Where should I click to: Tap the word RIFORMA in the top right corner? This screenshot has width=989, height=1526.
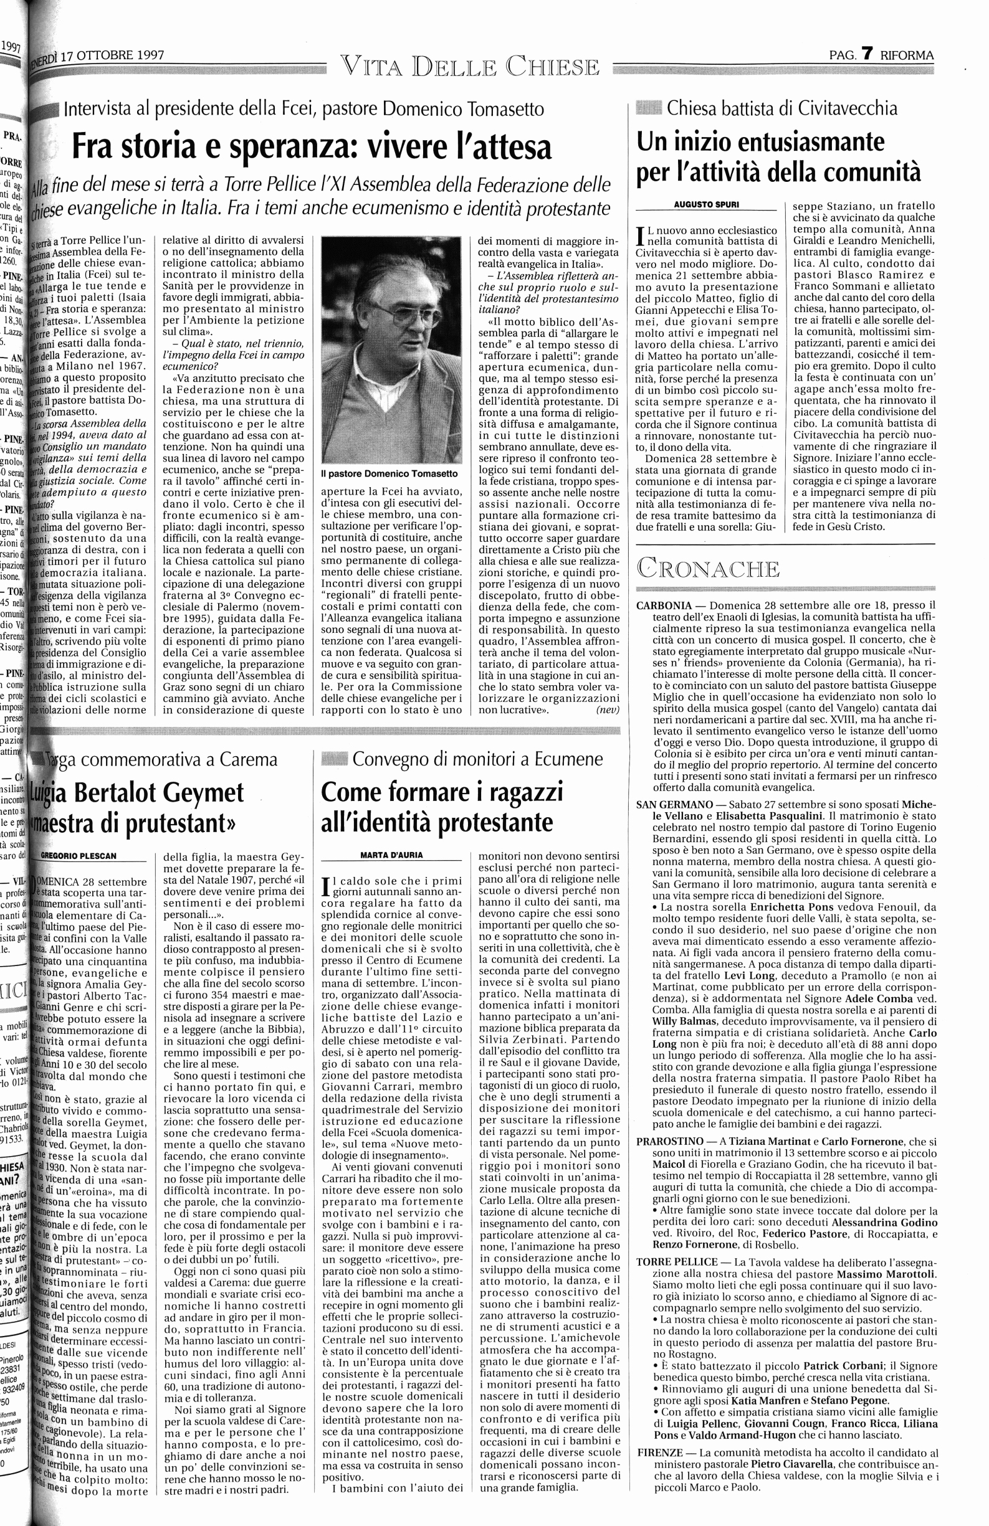tap(906, 55)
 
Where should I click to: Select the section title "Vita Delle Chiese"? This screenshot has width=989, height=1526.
tap(470, 67)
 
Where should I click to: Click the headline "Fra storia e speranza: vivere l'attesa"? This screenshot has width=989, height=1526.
tap(312, 146)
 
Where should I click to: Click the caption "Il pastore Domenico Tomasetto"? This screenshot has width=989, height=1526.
tap(385, 473)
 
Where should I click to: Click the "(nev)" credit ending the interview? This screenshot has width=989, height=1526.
tap(608, 710)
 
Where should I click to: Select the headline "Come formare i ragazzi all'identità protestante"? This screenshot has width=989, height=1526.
tap(442, 807)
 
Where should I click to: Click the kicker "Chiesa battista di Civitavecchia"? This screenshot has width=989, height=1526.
tap(782, 108)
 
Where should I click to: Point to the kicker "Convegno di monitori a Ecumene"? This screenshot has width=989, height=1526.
tap(478, 759)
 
